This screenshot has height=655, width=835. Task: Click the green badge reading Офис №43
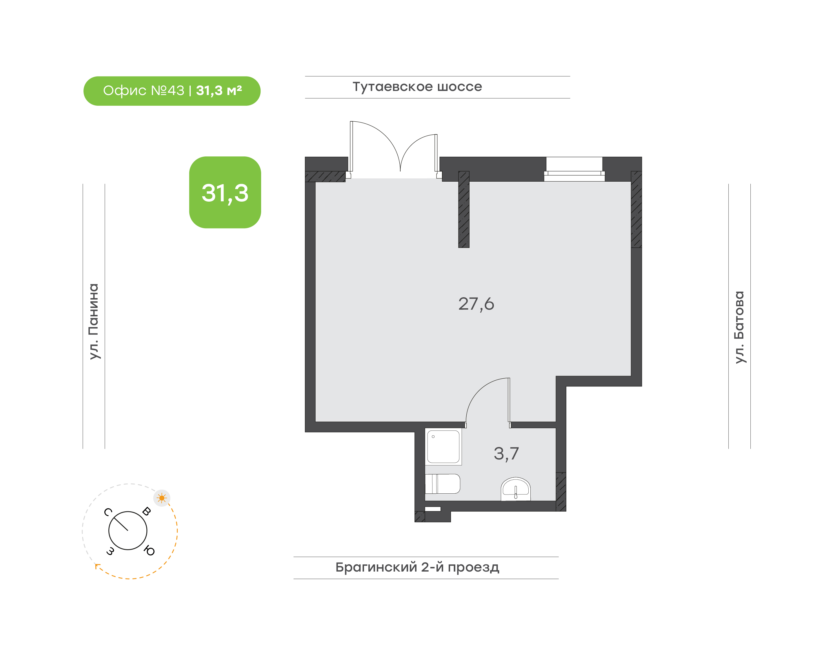click(172, 91)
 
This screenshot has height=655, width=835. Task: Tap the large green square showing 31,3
click(225, 193)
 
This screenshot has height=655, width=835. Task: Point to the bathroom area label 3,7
click(506, 454)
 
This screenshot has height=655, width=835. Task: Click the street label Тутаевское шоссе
click(417, 87)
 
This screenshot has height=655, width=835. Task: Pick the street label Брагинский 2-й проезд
click(417, 567)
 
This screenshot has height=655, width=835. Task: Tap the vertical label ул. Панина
click(94, 321)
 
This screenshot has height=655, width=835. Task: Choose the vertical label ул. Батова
click(739, 327)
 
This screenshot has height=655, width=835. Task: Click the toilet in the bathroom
click(443, 484)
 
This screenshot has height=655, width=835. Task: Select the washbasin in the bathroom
click(516, 489)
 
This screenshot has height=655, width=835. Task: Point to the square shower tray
click(443, 447)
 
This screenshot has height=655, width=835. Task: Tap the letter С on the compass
click(108, 512)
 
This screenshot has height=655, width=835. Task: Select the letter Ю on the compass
click(149, 551)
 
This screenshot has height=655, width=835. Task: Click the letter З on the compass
click(110, 551)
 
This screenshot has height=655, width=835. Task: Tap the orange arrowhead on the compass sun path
click(97, 566)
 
